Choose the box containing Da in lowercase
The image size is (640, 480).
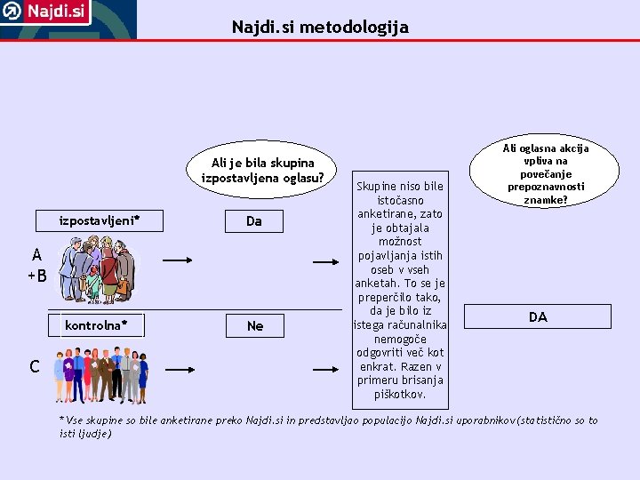coord(254,220)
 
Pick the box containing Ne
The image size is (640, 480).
coord(255,325)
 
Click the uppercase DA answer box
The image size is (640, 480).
coord(538,316)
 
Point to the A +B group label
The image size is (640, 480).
coord(36,264)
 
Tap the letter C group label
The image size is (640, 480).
coord(34,366)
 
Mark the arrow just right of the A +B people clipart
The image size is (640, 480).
coord(178,261)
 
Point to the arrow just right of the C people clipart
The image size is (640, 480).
coord(180,367)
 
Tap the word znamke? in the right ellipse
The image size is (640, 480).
coord(545,201)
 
